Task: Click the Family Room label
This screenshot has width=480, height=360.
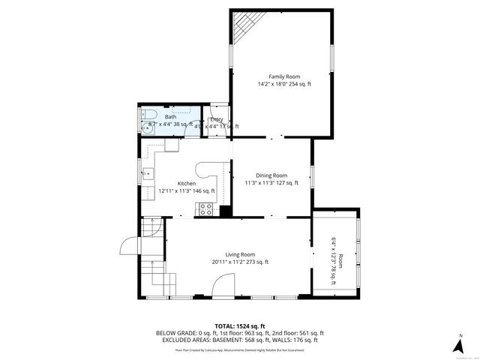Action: tap(284, 76)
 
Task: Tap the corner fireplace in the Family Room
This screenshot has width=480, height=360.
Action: tap(242, 26)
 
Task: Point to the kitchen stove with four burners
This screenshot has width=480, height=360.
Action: tap(204, 210)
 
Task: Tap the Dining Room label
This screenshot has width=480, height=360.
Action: tap(271, 175)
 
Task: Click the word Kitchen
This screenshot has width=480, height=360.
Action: tap(187, 184)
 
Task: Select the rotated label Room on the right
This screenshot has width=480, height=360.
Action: tap(340, 261)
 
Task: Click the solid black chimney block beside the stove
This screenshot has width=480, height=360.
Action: tap(223, 211)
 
